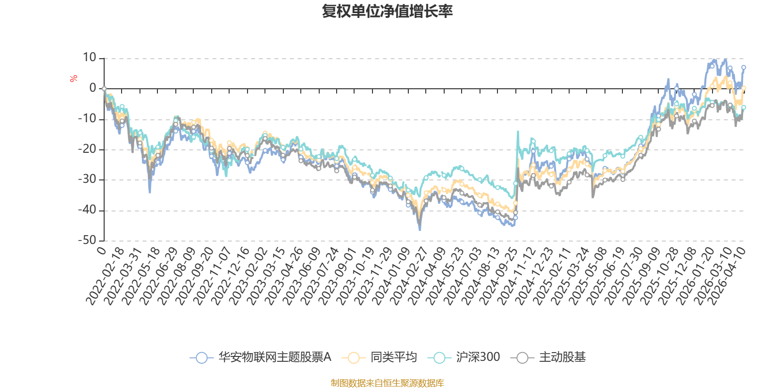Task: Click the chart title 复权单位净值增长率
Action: pyautogui.click(x=387, y=11)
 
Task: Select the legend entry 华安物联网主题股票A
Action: pyautogui.click(x=261, y=357)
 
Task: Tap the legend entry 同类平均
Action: pyautogui.click(x=379, y=357)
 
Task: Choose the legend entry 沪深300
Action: pyautogui.click(x=464, y=357)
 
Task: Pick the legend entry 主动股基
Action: pyautogui.click(x=548, y=357)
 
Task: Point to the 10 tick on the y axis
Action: pyautogui.click(x=89, y=58)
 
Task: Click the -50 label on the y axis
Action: pyautogui.click(x=87, y=240)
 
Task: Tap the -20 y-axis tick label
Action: pyautogui.click(x=87, y=149)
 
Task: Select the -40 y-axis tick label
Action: pyautogui.click(x=87, y=210)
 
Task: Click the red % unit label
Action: pyautogui.click(x=73, y=79)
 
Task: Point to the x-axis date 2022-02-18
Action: pyautogui.click(x=105, y=276)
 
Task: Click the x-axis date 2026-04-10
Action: pyautogui.click(x=726, y=276)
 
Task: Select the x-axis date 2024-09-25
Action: pyautogui.click(x=498, y=276)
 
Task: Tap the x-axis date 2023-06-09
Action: pyautogui.click(x=301, y=276)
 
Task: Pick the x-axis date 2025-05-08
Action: pyautogui.click(x=587, y=276)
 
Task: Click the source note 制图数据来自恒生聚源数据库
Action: pyautogui.click(x=387, y=383)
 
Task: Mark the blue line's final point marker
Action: pyautogui.click(x=743, y=67)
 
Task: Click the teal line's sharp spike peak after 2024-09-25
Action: pyautogui.click(x=518, y=131)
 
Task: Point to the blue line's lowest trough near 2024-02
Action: pyautogui.click(x=419, y=229)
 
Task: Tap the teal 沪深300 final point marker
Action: pyautogui.click(x=743, y=108)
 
